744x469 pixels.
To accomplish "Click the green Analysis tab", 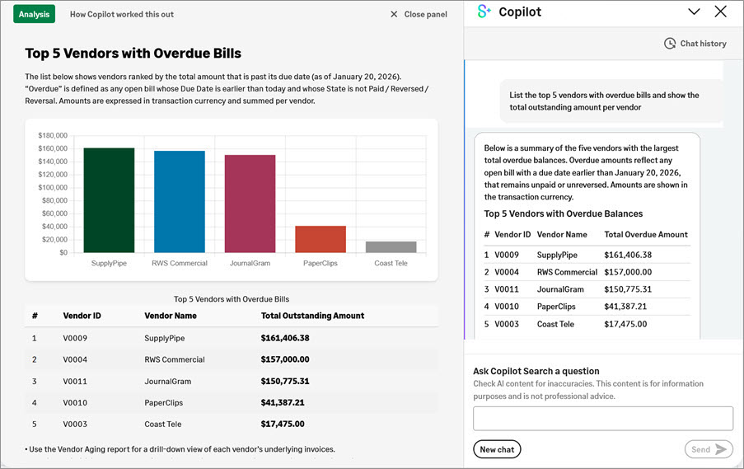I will (34, 14).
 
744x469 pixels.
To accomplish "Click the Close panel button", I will (419, 14).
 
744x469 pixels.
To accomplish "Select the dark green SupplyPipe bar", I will (109, 200).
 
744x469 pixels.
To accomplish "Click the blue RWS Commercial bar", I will (179, 201).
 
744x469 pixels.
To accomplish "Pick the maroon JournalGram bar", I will (250, 204).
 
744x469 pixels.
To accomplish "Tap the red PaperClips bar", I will (321, 239).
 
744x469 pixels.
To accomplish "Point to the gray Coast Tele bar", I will (391, 246).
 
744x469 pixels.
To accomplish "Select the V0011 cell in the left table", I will (75, 382).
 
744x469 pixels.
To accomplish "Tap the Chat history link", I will (695, 44).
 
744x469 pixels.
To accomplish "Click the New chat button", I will (497, 449).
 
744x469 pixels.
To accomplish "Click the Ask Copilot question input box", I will (602, 418).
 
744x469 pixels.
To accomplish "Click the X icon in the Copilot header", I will (720, 12).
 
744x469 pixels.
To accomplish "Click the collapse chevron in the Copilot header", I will (694, 12).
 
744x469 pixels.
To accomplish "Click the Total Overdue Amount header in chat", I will (646, 235).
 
